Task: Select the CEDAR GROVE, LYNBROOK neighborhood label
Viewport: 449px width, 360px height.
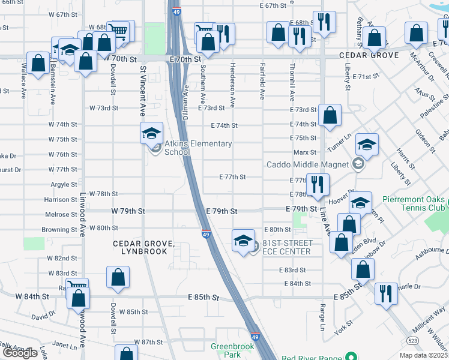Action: click(x=144, y=247)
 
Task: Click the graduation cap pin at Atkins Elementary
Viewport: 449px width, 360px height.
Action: click(x=151, y=133)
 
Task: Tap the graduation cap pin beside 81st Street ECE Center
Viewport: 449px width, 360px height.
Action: click(x=243, y=241)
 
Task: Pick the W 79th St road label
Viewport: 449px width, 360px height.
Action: click(x=128, y=211)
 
